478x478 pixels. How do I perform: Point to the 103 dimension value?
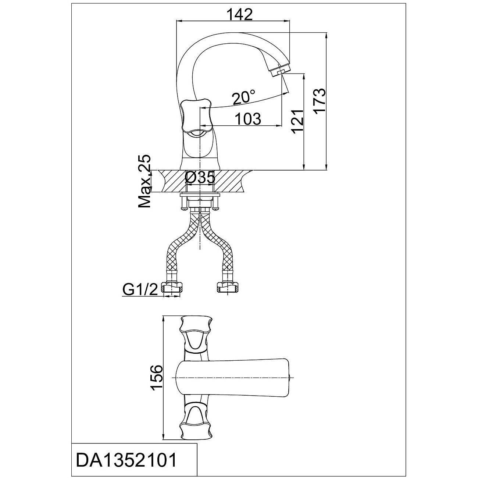(247, 119)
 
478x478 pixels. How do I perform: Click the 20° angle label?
(243, 98)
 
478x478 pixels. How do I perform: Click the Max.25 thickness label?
(145, 182)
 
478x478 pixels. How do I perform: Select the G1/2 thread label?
(140, 290)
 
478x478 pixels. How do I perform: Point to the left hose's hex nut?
(173, 288)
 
